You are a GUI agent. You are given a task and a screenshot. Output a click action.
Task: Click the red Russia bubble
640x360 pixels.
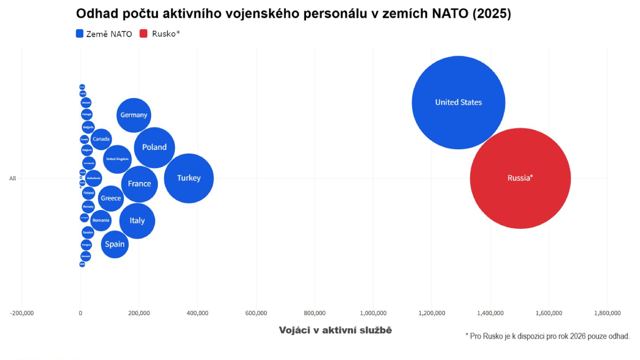[x=520, y=178]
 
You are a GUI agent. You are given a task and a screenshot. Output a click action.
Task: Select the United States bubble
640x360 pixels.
[x=458, y=102]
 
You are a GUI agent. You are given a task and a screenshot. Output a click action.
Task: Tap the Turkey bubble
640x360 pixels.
[x=189, y=178]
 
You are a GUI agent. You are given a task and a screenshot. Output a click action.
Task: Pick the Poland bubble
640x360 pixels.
[x=154, y=147]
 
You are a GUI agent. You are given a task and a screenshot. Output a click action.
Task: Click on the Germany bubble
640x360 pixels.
[x=134, y=115]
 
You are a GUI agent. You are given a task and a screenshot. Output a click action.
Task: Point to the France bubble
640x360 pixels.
[x=140, y=183]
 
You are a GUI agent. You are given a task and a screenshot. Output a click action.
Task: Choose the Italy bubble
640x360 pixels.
[x=137, y=221]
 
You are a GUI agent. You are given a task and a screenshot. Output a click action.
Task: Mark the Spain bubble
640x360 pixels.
[x=115, y=244]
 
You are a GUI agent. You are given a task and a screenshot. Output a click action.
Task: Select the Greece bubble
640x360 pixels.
[x=111, y=198]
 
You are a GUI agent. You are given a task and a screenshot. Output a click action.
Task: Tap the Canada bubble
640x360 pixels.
[x=101, y=139]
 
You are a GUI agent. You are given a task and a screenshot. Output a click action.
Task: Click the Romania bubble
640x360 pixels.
[x=101, y=220]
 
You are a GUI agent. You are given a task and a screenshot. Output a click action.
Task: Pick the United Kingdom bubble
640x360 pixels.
[x=117, y=159]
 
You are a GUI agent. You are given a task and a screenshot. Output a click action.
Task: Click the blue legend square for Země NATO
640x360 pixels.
[x=79, y=34]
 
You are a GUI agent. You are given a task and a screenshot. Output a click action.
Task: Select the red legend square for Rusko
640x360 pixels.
[x=143, y=34]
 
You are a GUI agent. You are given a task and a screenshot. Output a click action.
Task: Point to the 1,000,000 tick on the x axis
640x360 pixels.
[x=373, y=313]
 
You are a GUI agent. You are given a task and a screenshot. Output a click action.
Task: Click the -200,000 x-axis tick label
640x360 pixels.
[x=22, y=313]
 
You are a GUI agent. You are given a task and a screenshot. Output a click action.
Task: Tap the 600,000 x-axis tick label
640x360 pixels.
[x=256, y=313]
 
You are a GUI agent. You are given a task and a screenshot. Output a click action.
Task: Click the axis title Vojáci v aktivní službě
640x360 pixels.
[x=335, y=331]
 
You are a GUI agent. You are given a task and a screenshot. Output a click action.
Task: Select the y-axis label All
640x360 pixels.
[x=12, y=179]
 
